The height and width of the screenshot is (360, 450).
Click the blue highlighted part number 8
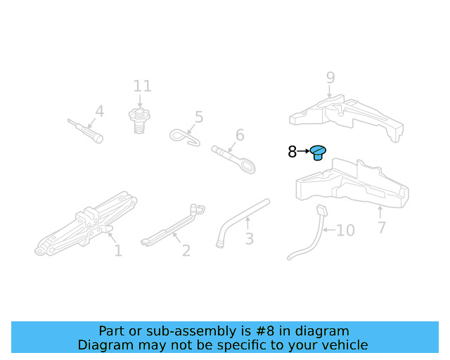(x=319, y=152)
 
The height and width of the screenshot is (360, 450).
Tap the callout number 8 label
(x=292, y=152)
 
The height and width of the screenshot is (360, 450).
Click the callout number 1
(x=118, y=250)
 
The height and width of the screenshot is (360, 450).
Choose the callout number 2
(x=186, y=250)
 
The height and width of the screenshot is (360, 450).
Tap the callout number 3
(x=249, y=239)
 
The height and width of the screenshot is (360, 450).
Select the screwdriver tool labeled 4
(x=86, y=131)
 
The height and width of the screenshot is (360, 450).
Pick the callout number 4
(x=99, y=111)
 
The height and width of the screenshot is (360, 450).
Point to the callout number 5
(x=199, y=117)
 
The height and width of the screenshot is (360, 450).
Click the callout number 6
(x=240, y=135)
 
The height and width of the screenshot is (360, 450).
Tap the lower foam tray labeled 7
(x=352, y=186)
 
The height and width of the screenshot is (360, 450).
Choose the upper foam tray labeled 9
(x=347, y=116)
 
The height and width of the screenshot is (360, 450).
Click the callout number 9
(x=330, y=78)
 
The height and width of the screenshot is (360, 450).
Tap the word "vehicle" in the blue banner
(x=342, y=345)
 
